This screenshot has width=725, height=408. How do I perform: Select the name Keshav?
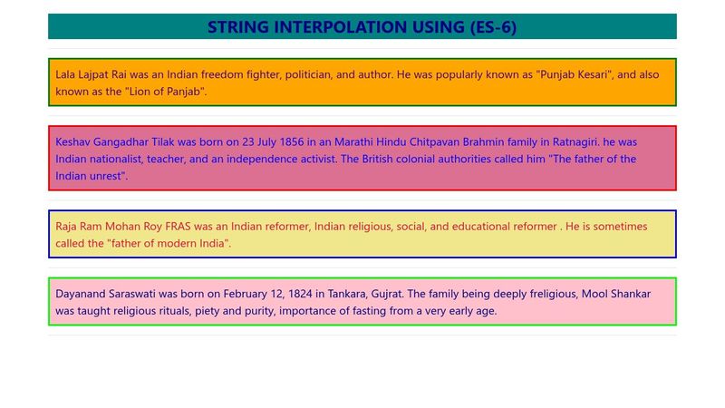(74, 142)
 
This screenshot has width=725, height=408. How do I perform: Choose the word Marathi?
(354, 142)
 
